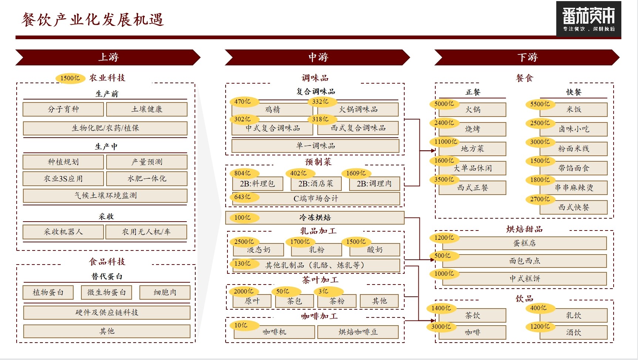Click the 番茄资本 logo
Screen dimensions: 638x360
[x=588, y=19]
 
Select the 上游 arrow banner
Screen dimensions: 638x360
[x=108, y=57]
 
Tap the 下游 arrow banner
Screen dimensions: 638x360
[x=527, y=57]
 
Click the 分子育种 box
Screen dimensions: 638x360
[x=63, y=109]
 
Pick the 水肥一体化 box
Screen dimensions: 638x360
[x=147, y=178]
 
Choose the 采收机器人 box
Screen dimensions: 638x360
[x=63, y=232]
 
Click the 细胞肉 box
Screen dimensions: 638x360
[x=165, y=292]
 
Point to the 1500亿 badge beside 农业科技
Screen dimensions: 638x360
[x=70, y=78]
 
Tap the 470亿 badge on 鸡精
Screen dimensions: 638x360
[x=243, y=101]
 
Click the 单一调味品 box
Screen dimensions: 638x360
[x=315, y=146]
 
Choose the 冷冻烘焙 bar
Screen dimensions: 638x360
[x=315, y=218]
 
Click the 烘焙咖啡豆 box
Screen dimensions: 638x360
[x=358, y=332]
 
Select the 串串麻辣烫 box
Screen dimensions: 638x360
[x=574, y=188]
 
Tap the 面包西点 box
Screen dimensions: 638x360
[x=524, y=261]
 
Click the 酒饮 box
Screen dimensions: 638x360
[x=574, y=332]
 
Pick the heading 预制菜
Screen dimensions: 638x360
[x=318, y=162]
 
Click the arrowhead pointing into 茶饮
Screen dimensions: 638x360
[x=432, y=320]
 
